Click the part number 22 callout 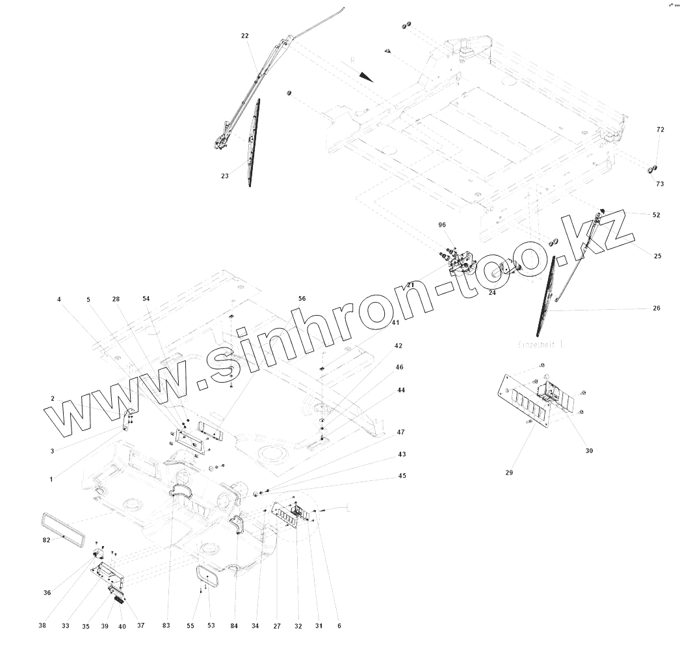coord(244,36)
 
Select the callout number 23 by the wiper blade coord(225,175)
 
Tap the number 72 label coord(660,130)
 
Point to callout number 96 coord(442,225)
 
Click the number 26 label coord(656,309)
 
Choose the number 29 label coord(509,473)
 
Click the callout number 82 coord(46,540)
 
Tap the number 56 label coord(302,298)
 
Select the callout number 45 coord(402,476)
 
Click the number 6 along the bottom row coord(339,626)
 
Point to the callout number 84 coord(234,626)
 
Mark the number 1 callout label coord(51,479)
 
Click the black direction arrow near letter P coord(366,76)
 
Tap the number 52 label coord(656,215)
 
